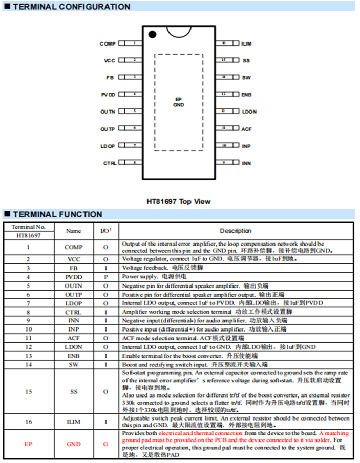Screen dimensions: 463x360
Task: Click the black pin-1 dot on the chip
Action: pyautogui.click(x=152, y=34)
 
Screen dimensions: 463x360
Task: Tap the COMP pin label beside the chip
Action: pyautogui.click(x=108, y=44)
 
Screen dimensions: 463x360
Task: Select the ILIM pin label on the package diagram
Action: pyautogui.click(x=246, y=44)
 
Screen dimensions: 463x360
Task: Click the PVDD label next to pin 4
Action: pyautogui.click(x=108, y=95)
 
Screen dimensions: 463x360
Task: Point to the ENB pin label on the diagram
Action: pyautogui.click(x=246, y=95)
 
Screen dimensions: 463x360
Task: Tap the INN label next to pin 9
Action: pyautogui.click(x=246, y=163)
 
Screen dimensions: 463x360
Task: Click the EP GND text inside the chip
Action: pyautogui.click(x=178, y=102)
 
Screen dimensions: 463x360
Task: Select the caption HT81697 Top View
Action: pyautogui.click(x=178, y=201)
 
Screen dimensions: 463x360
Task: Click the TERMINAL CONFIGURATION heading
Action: pyautogui.click(x=71, y=7)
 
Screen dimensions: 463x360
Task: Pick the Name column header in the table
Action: pyautogui.click(x=74, y=231)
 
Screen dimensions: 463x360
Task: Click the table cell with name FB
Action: pyautogui.click(x=74, y=268)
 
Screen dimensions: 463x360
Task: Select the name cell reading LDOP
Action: pyautogui.click(x=74, y=303)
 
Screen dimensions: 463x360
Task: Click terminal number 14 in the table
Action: pyautogui.click(x=29, y=365)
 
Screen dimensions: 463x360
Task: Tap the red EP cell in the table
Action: pyautogui.click(x=29, y=444)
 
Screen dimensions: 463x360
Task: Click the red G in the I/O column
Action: pyautogui.click(x=106, y=444)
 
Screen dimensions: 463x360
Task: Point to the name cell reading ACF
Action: pyautogui.click(x=74, y=338)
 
